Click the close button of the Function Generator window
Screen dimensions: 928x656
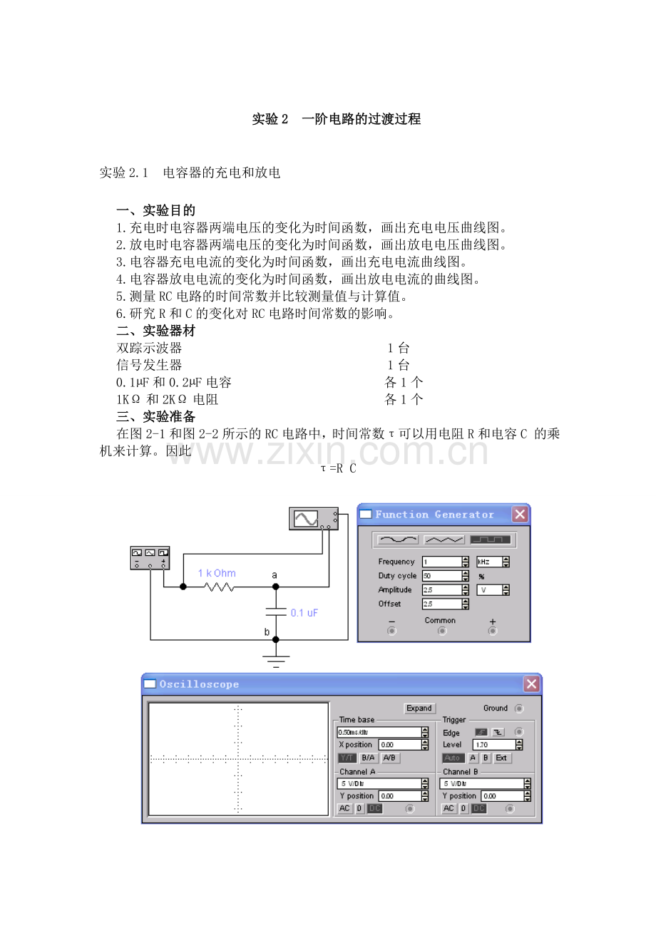520,514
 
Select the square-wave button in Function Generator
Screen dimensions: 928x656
490,540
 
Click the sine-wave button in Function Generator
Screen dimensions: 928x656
398,540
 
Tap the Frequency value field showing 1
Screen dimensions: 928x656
441,562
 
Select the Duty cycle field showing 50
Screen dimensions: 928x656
441,576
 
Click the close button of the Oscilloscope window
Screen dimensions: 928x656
531,684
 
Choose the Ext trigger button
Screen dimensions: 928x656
502,758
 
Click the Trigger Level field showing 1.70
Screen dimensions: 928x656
493,745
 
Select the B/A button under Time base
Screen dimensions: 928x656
368,758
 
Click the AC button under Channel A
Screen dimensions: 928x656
344,809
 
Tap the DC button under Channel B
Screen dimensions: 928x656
479,809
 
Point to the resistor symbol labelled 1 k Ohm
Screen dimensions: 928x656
219,587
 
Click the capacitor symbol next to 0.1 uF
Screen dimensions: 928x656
276,612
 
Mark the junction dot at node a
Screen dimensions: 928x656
276,587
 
